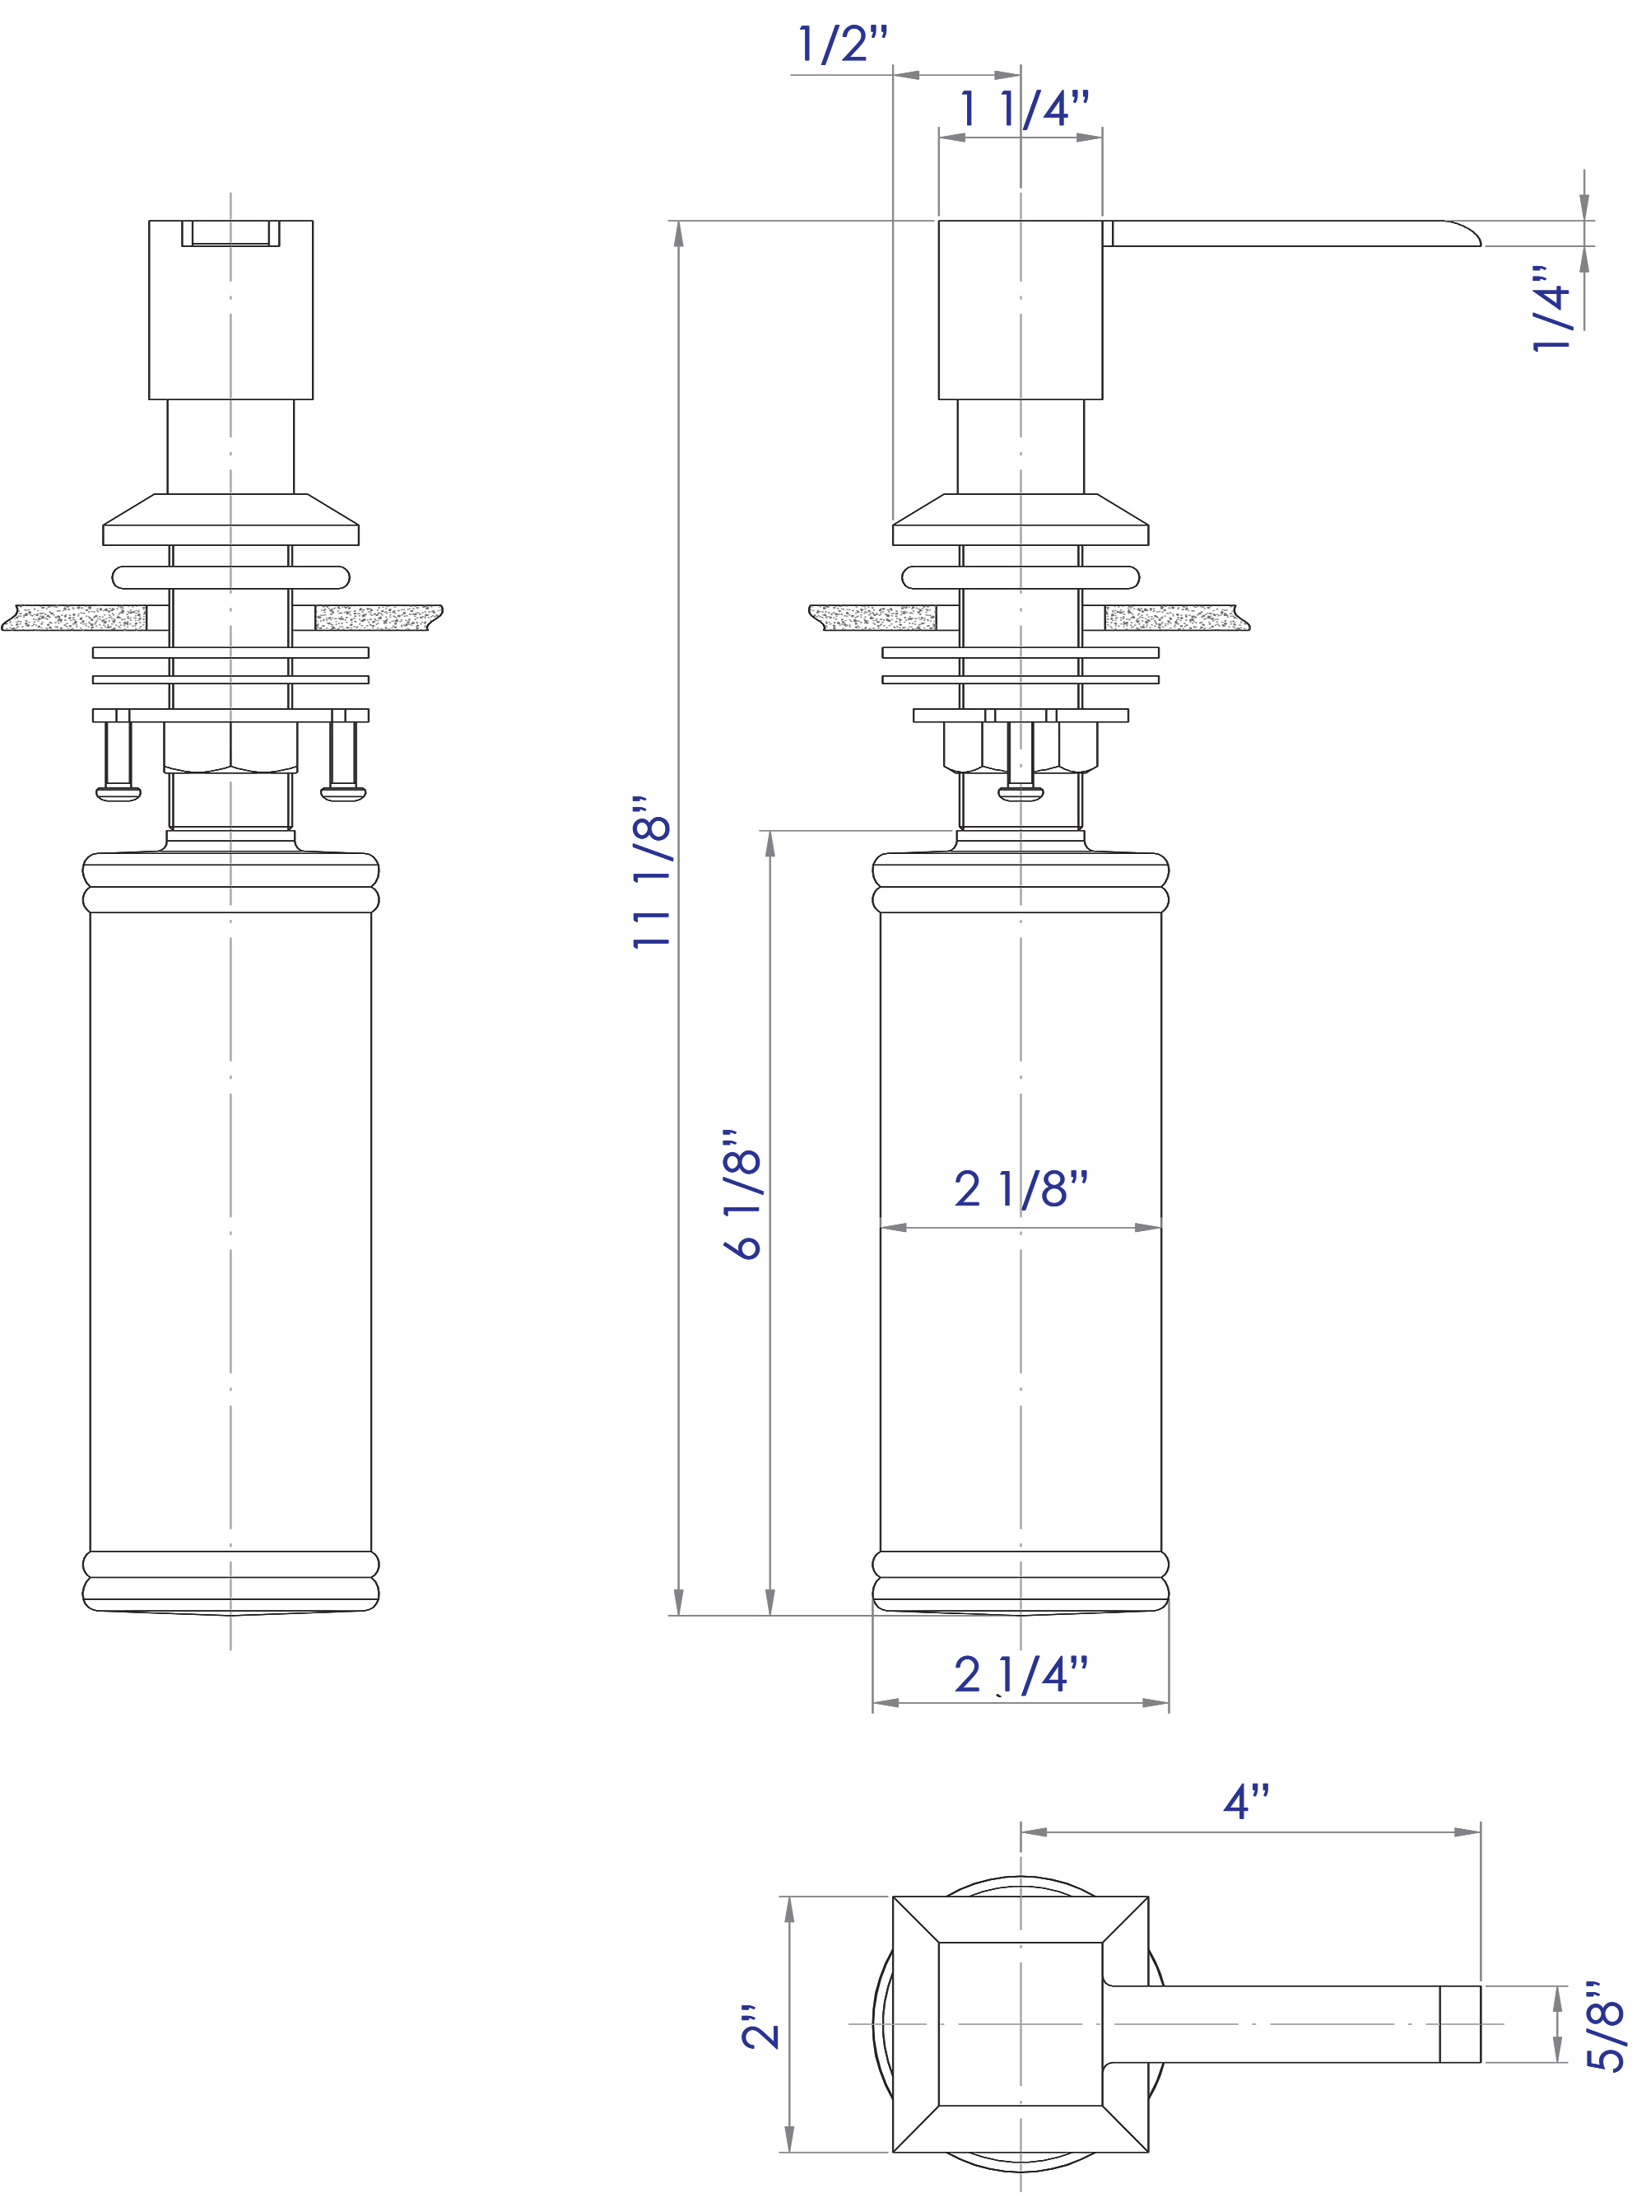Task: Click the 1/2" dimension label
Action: point(842,44)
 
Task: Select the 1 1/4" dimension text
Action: point(1024,108)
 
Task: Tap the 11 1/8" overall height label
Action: point(652,871)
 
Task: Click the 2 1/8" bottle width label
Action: point(1021,1188)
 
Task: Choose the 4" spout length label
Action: point(1246,1801)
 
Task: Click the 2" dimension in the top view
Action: point(760,2026)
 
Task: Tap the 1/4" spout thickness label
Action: point(1552,307)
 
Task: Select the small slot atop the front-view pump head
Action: point(231,233)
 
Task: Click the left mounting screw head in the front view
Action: point(118,793)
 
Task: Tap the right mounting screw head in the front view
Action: point(344,793)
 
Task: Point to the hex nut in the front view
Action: point(231,749)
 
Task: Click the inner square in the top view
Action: point(1020,2023)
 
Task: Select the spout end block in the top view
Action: point(1458,2023)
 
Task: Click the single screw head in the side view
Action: point(1020,793)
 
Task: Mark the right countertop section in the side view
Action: point(1174,618)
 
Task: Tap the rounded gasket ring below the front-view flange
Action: point(231,577)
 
